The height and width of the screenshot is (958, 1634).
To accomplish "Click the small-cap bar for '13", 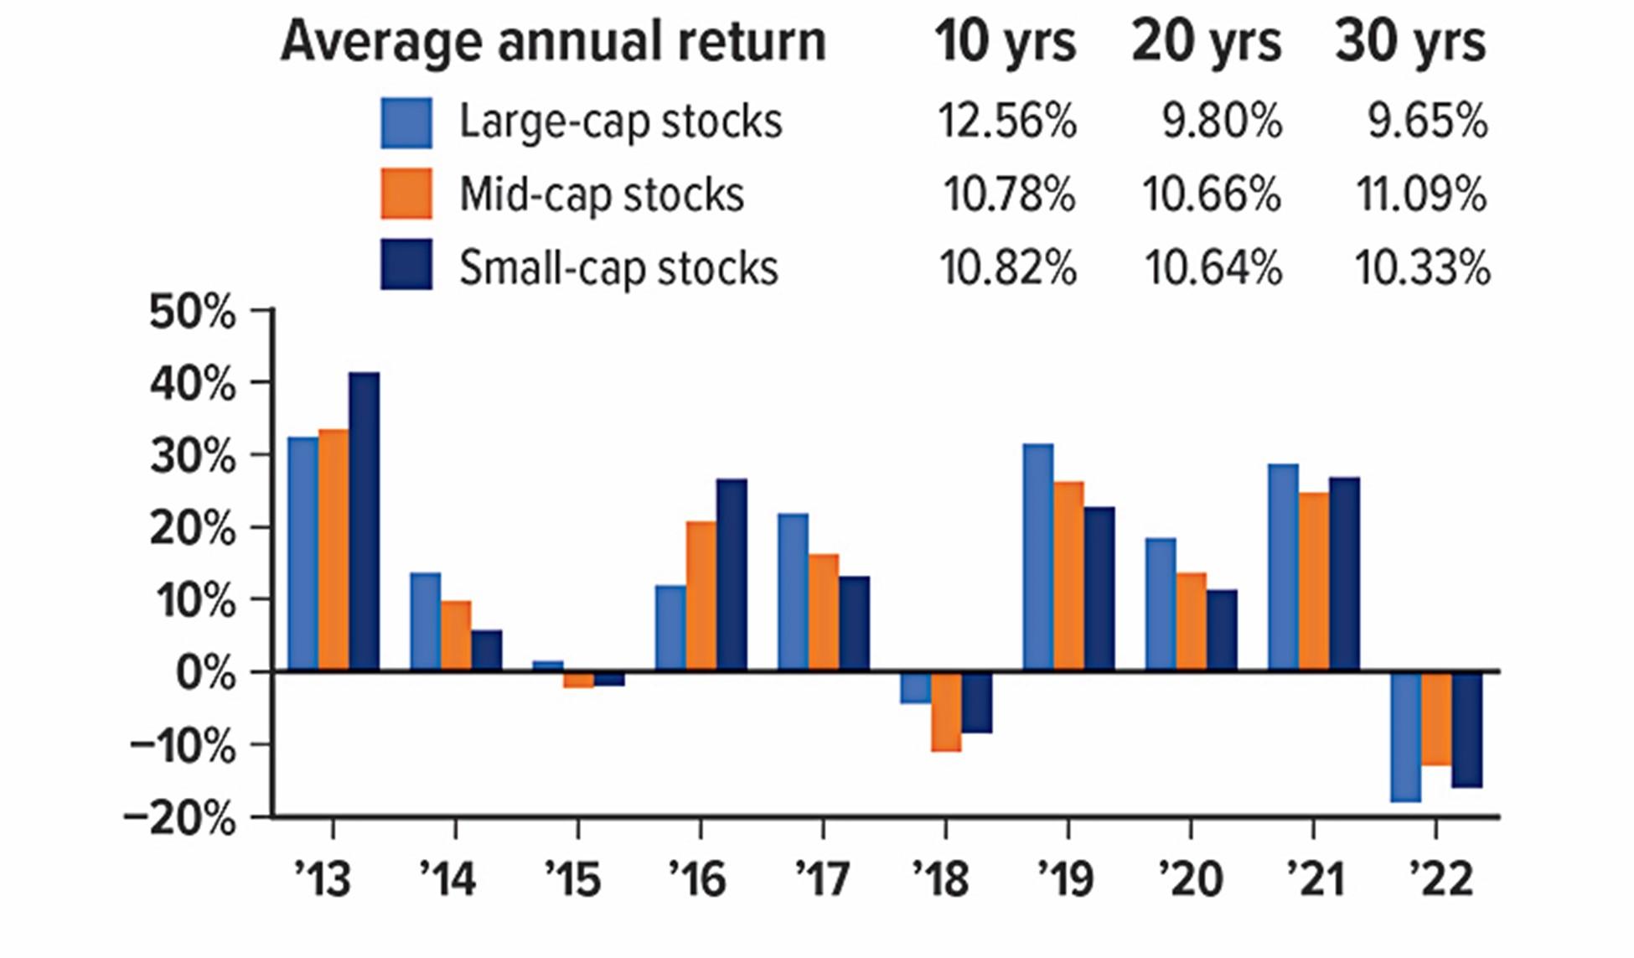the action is click(x=364, y=521).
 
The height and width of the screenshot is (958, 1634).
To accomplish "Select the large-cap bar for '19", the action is click(x=1037, y=557).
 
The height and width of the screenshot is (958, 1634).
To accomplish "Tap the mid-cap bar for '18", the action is click(x=946, y=711).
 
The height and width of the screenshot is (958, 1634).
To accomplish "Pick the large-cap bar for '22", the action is click(x=1405, y=736).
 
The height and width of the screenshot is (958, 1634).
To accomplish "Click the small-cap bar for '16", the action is click(x=732, y=575).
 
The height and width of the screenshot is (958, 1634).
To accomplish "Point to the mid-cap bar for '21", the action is click(x=1313, y=582).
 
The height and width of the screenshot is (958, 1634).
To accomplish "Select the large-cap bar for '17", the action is click(x=793, y=592).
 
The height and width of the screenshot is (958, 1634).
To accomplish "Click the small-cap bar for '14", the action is click(x=487, y=650).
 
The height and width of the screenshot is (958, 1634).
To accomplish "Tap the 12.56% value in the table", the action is click(x=1006, y=122).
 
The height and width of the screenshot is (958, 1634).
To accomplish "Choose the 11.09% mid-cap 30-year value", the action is click(x=1421, y=194).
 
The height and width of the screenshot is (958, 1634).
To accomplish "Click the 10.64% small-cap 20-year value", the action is click(x=1213, y=268).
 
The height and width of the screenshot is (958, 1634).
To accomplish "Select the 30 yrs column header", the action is click(x=1410, y=41).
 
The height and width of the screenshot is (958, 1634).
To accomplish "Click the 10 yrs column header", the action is click(x=1005, y=41).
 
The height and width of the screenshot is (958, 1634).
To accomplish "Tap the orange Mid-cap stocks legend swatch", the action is click(x=406, y=194).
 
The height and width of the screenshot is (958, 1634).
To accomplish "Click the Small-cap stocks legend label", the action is click(x=618, y=268).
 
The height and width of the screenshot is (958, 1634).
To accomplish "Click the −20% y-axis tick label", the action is click(x=179, y=818).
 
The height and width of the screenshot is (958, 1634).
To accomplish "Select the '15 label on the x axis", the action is click(x=573, y=879).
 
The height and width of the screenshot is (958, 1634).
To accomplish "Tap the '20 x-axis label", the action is click(x=1191, y=879).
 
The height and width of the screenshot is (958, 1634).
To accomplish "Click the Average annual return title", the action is click(x=553, y=41).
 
